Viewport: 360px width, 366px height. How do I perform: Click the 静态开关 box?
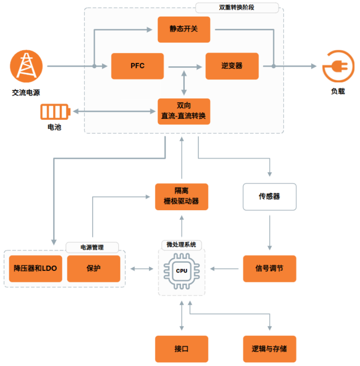coord(184,29)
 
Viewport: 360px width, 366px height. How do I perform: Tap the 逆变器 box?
coord(232,66)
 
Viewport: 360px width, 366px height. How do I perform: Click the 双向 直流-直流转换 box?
coord(184,111)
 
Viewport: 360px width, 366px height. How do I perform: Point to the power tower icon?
coord(26,66)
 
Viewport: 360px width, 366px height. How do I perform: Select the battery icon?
coord(56,112)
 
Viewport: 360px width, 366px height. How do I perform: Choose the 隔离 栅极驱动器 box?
coord(182,197)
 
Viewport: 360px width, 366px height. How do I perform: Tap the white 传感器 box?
coord(269,197)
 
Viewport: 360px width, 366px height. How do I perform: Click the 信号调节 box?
coord(269,268)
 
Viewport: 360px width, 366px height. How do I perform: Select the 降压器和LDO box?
coord(35,268)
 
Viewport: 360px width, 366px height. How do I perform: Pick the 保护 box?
coord(93,268)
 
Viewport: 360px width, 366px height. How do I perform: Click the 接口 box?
coord(182,349)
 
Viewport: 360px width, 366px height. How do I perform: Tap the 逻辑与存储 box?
coord(269,349)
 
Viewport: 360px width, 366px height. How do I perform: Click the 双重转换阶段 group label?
coord(236,8)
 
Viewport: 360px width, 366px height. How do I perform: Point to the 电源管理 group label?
coord(92,247)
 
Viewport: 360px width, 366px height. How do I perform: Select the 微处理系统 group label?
coord(182,245)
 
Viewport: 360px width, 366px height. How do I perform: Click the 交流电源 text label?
coord(26,93)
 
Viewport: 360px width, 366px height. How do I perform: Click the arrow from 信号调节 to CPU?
coord(225,268)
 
